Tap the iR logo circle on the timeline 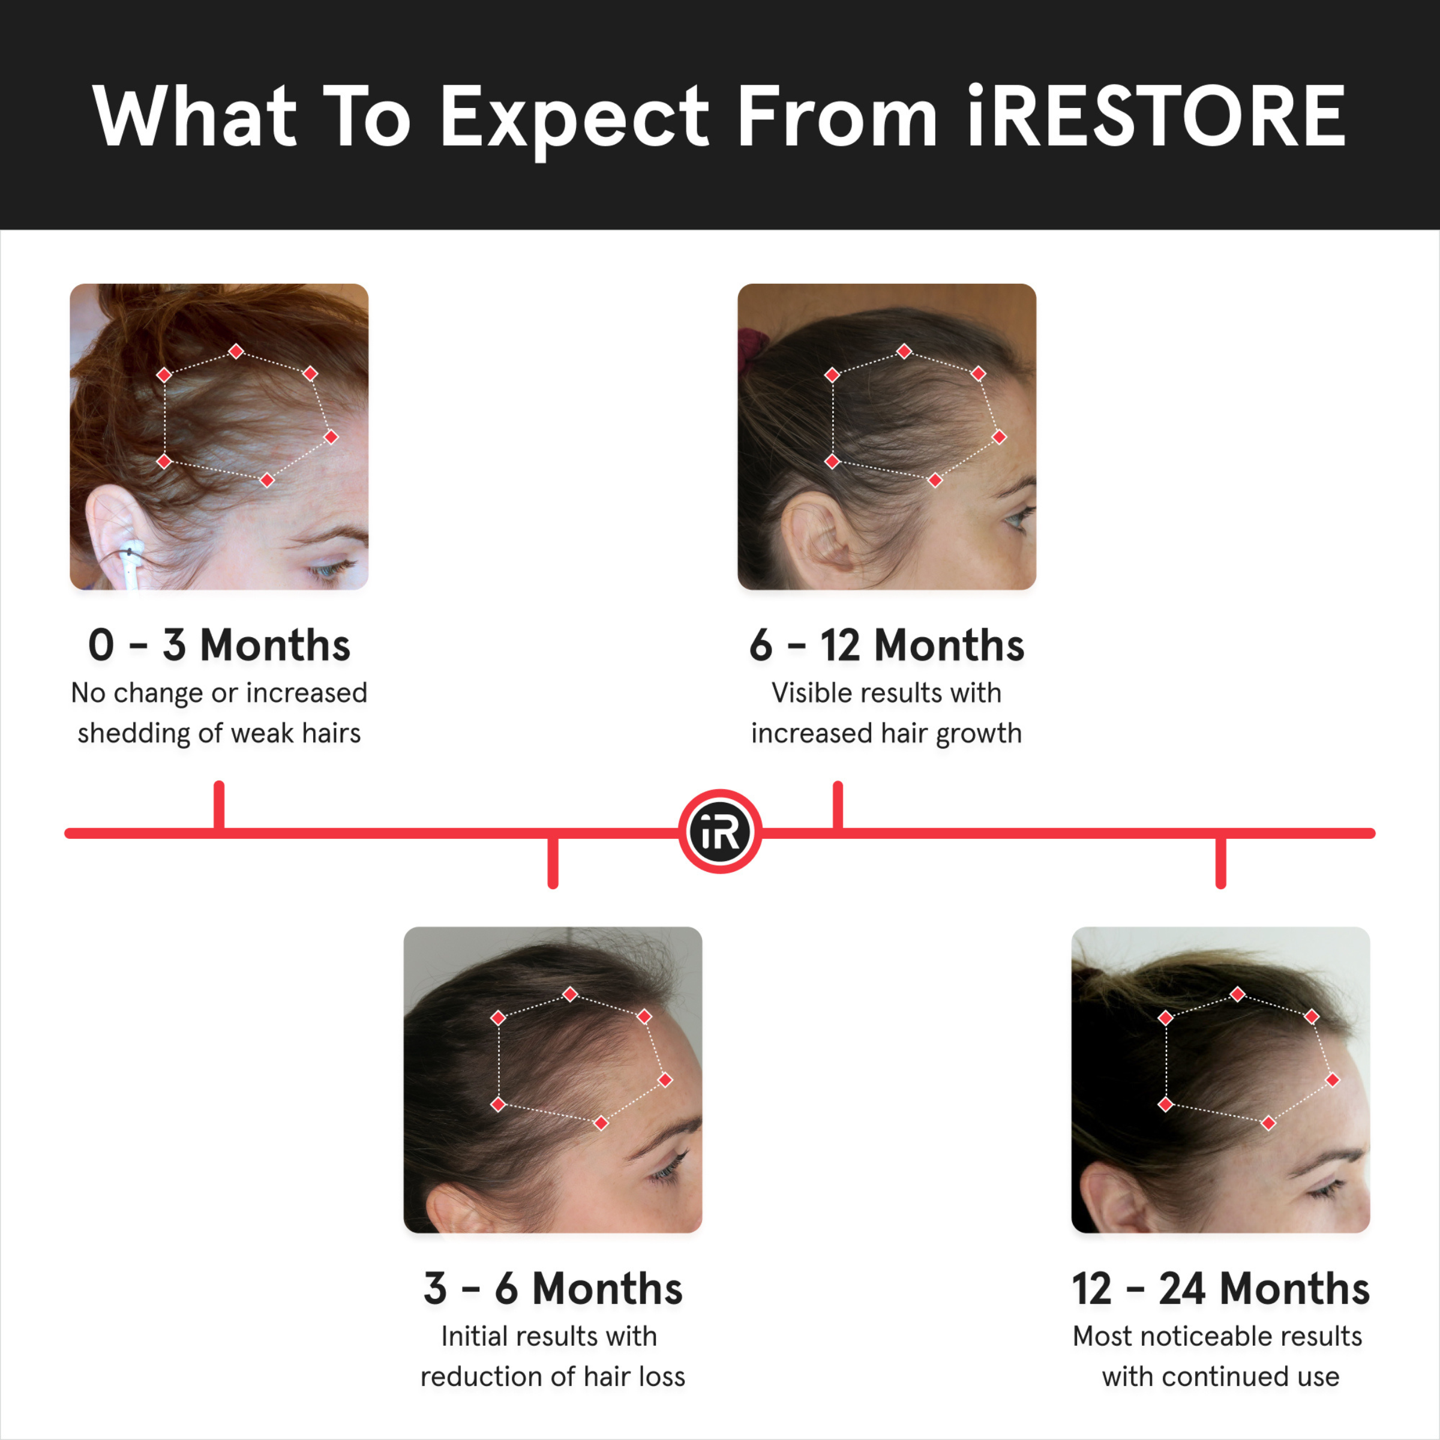point(720,831)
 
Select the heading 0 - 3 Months point(219,645)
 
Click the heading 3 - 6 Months point(552,1288)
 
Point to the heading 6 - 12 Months point(886,645)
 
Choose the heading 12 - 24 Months point(1220,1288)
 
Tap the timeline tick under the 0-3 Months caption point(219,805)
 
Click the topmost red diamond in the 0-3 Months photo point(236,351)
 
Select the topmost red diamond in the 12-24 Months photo point(1237,994)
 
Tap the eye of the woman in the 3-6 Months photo point(667,1175)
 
